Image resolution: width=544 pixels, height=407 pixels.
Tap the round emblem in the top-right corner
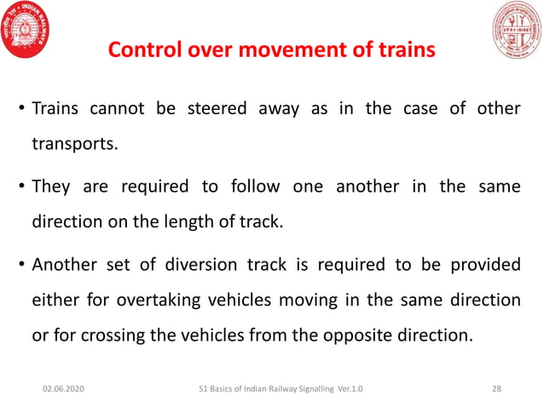click(x=517, y=30)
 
